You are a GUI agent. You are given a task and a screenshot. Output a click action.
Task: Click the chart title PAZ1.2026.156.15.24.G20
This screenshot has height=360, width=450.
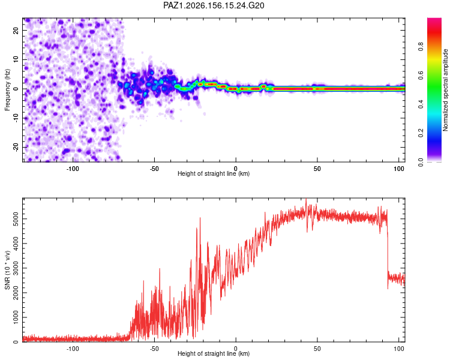tap(214, 5)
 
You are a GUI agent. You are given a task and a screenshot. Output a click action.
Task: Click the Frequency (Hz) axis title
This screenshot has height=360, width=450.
tap(7, 90)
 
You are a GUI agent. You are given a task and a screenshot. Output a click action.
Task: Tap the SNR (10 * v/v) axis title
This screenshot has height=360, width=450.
tap(7, 270)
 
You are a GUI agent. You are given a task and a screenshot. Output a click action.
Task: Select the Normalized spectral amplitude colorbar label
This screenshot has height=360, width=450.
tap(445, 90)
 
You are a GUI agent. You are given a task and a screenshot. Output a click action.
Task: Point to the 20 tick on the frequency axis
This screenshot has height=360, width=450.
tap(16, 30)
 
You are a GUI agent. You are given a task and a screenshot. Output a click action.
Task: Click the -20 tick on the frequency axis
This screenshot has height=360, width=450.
tap(16, 147)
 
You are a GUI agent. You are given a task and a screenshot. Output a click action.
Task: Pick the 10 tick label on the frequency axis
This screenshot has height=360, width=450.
tap(16, 59)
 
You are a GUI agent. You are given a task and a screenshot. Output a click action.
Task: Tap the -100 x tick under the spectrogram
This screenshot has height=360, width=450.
tap(73, 169)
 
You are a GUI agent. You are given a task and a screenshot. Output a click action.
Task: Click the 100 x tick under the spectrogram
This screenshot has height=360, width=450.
tap(399, 169)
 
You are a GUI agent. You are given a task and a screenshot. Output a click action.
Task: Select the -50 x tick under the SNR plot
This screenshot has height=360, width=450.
tap(154, 349)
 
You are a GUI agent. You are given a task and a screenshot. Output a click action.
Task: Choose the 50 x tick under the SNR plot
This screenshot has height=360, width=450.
tap(317, 349)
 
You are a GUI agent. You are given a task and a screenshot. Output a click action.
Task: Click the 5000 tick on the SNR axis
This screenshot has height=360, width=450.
tap(16, 219)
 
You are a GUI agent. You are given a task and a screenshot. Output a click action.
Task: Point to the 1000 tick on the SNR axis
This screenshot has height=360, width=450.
tap(16, 317)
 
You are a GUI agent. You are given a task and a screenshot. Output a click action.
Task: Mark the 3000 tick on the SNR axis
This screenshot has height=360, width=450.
tap(16, 268)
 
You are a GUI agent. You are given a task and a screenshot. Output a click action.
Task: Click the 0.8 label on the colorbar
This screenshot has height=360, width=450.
tap(421, 47)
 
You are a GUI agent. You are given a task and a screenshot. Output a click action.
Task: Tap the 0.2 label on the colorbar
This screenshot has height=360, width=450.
tap(421, 133)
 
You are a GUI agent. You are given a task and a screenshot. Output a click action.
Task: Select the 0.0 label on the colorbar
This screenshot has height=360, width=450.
tap(421, 162)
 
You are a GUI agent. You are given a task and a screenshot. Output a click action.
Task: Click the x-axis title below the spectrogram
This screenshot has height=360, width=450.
tap(214, 173)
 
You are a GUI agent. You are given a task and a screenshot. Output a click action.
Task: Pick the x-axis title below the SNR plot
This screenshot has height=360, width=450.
tap(214, 353)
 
